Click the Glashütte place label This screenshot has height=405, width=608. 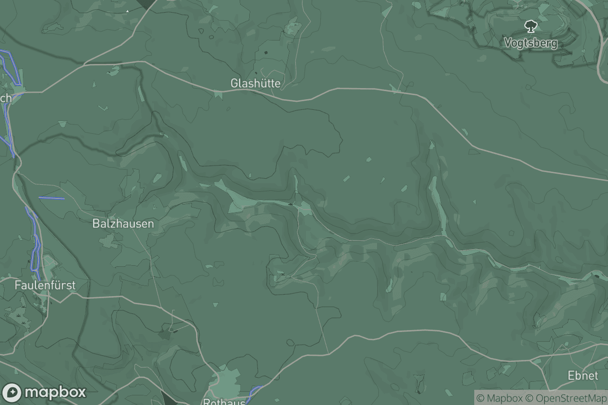coord(255,83)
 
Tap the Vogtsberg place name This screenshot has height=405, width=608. coord(530,43)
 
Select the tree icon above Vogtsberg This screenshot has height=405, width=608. coord(530,25)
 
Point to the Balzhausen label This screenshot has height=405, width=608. coord(123,223)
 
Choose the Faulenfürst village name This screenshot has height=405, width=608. coord(45,286)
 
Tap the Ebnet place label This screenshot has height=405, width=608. coord(583,376)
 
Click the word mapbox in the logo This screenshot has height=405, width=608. coord(55,392)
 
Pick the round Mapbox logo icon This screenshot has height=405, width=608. coord(12,392)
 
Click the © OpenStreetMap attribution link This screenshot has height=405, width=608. coord(566,398)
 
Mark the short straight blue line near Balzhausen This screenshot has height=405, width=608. coord(52,197)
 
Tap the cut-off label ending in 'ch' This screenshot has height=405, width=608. coord(6,98)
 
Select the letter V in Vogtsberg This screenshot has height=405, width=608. coord(508,43)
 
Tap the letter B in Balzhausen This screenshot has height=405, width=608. coord(96,223)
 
